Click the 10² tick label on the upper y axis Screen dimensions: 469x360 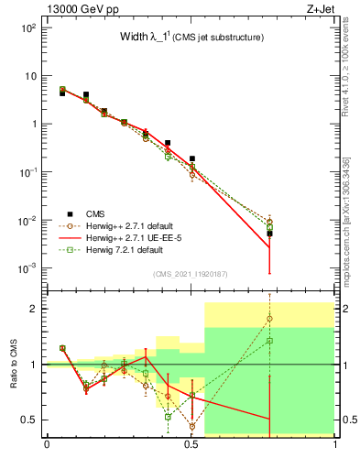(27, 27)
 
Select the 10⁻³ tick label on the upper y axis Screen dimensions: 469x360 (27, 269)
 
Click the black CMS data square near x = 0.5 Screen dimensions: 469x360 (191, 158)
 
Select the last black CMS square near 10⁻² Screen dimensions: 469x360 (269, 234)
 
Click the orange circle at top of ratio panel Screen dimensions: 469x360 (269, 319)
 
